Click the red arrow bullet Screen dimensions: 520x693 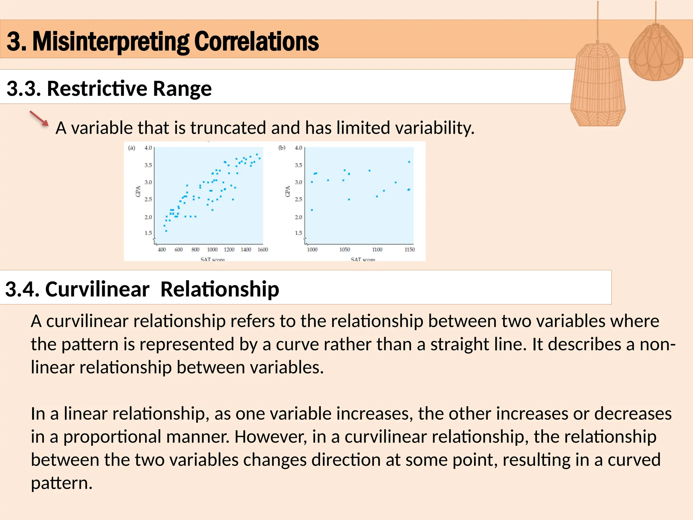pos(39,118)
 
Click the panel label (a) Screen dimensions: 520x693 pos(132,148)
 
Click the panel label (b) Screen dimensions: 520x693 pos(282,148)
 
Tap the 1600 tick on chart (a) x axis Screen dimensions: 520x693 pos(263,250)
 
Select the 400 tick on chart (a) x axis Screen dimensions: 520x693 pos(162,250)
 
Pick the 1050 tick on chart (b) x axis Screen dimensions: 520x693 pos(344,250)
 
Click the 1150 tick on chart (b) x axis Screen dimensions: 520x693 pos(409,250)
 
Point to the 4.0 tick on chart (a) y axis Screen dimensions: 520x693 pos(148,148)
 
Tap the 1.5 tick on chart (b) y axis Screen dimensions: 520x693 pos(298,233)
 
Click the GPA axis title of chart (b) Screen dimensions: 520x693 pos(288,191)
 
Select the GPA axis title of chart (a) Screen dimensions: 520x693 pos(138,191)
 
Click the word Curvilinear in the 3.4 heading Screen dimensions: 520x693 pos(97,289)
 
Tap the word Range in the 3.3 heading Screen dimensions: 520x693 pos(182,89)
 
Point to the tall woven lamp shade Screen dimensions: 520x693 pos(598,85)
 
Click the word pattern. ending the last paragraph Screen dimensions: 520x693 pos(62,483)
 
